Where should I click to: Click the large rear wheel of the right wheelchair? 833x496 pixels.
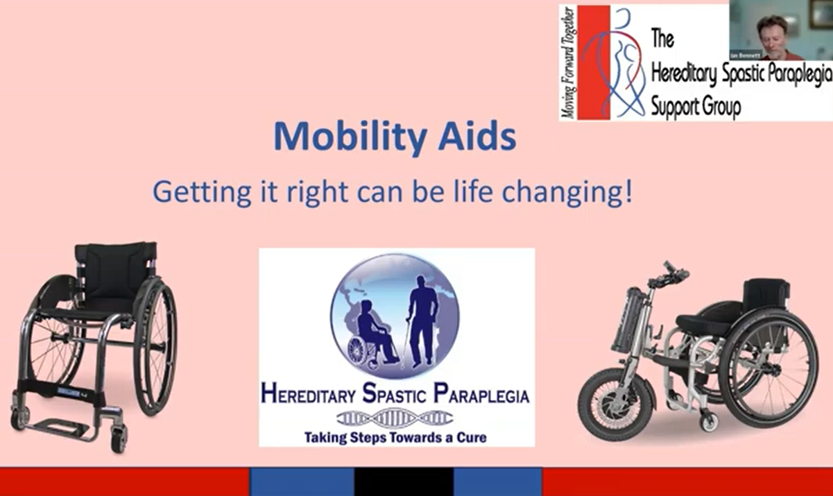770,368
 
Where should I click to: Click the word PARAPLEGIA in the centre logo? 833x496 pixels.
481,396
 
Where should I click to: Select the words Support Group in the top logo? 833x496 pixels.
696,108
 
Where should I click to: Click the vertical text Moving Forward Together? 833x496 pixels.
568,62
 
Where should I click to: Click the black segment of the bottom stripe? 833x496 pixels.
404,481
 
